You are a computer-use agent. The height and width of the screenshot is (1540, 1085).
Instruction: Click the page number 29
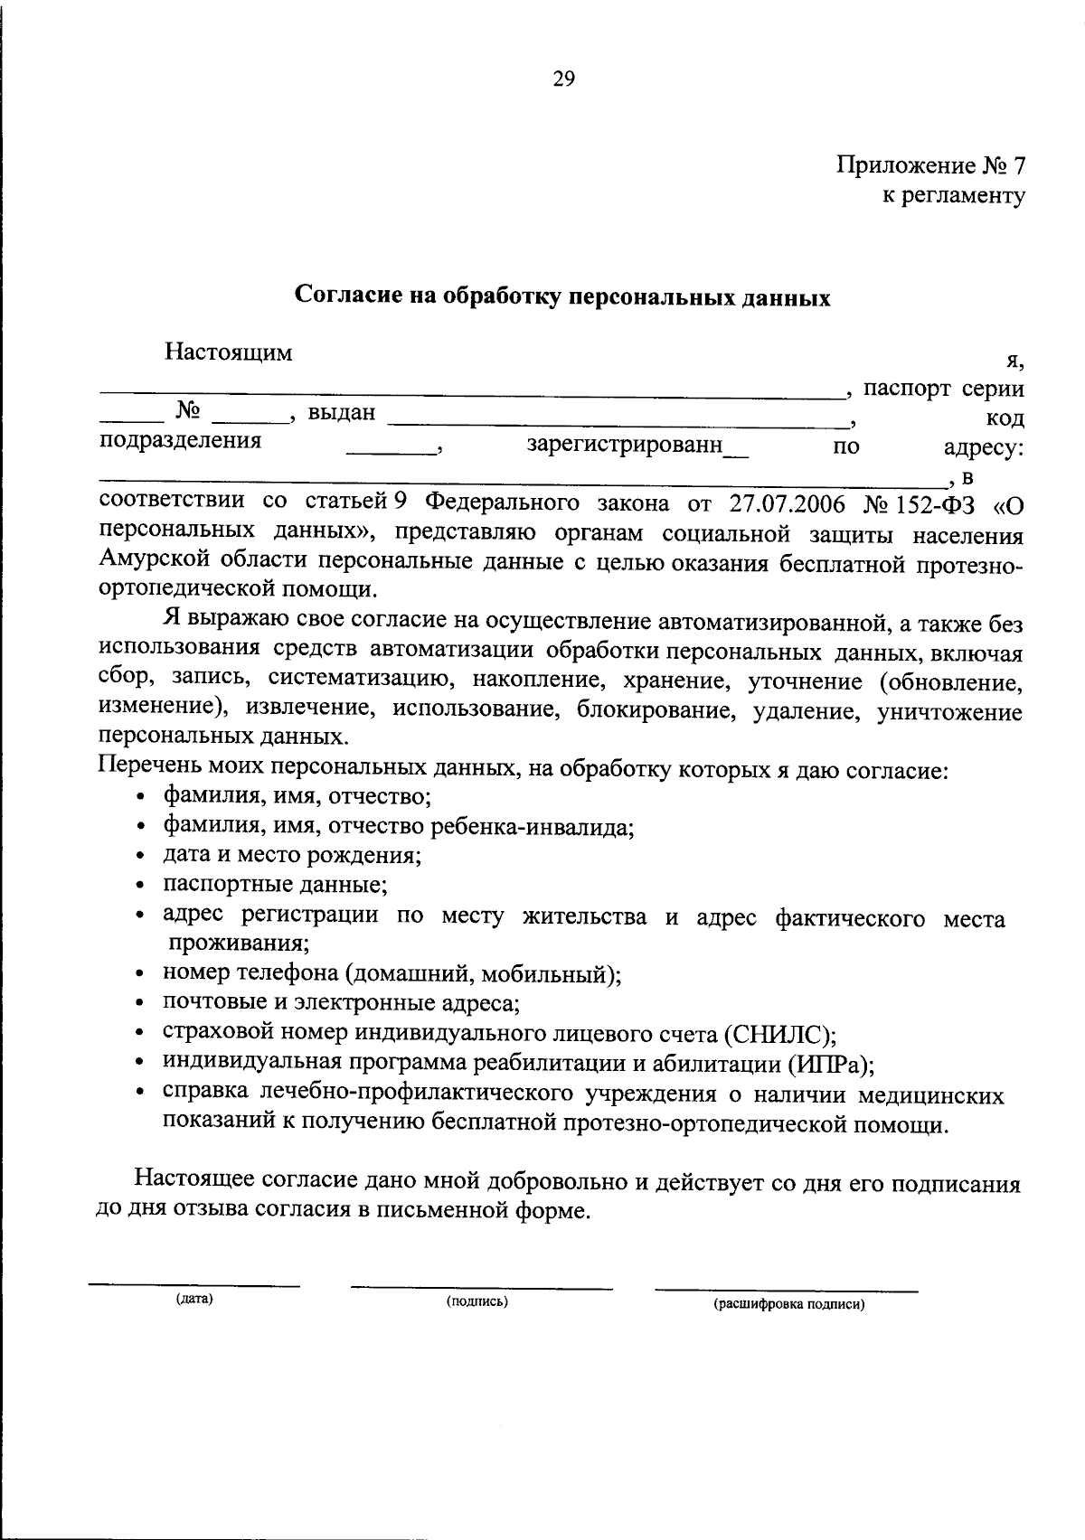tap(562, 80)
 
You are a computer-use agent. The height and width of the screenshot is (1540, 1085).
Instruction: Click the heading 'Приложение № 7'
tap(930, 165)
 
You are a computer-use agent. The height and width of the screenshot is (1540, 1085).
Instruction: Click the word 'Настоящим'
tap(228, 352)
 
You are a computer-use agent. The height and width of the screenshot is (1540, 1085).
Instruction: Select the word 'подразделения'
tap(180, 441)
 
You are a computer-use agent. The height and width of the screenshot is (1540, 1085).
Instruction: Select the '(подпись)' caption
tap(476, 1301)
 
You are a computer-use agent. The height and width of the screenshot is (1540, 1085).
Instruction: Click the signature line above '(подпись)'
tap(481, 1288)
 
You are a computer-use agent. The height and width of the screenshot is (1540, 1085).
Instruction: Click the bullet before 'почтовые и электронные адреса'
tap(140, 1003)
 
